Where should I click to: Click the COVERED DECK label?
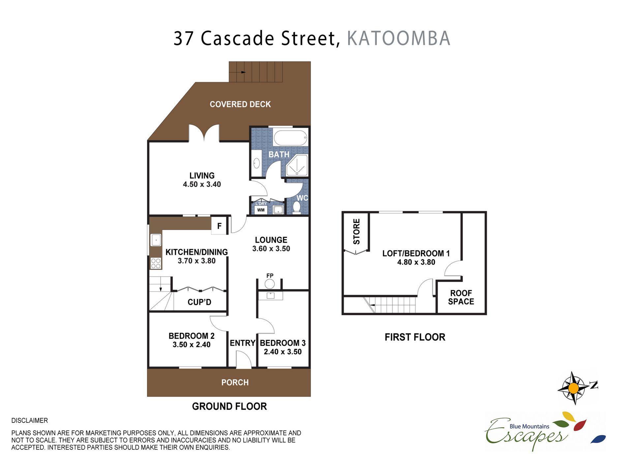tap(240, 104)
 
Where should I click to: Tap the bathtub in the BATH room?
tap(290, 138)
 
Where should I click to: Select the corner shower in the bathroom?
tap(297, 165)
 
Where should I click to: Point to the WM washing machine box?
tap(261, 210)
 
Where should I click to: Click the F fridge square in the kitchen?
tap(219, 226)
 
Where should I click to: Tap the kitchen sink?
tap(156, 240)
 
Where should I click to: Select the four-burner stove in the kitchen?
tap(156, 263)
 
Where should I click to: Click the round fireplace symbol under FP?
tap(270, 284)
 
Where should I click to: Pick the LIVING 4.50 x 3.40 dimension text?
tap(202, 184)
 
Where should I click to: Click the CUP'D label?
tap(199, 302)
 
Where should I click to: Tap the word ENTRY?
tap(242, 343)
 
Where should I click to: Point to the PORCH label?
tap(235, 382)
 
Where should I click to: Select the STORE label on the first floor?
tap(356, 232)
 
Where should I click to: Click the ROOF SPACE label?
tap(461, 297)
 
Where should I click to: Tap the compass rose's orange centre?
tap(574, 388)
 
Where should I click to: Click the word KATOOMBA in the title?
tap(399, 38)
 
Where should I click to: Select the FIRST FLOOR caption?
tap(415, 337)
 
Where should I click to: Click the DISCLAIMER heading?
tap(30, 421)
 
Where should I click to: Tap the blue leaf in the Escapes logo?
tap(598, 439)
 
